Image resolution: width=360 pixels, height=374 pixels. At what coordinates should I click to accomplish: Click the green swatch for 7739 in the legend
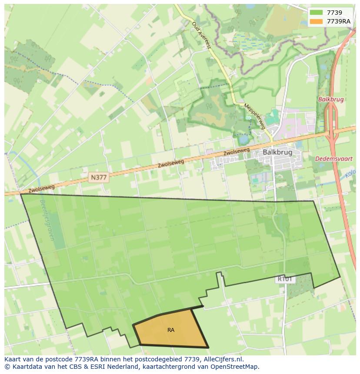[x=317, y=13]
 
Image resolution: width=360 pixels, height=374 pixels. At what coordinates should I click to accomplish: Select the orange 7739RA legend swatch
[x=317, y=21]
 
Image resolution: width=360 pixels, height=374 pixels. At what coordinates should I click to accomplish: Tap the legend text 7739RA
[x=338, y=21]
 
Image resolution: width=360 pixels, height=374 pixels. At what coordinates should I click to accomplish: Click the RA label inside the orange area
[x=171, y=330]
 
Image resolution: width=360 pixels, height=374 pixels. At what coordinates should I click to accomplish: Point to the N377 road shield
[x=99, y=177]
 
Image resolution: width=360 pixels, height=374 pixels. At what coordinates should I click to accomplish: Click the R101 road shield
[x=285, y=279]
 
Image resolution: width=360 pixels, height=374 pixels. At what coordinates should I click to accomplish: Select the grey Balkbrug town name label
[x=277, y=152]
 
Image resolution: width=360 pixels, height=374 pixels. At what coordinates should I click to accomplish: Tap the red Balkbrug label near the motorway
[x=331, y=99]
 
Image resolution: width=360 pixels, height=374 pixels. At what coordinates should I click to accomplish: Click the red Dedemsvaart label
[x=334, y=159]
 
